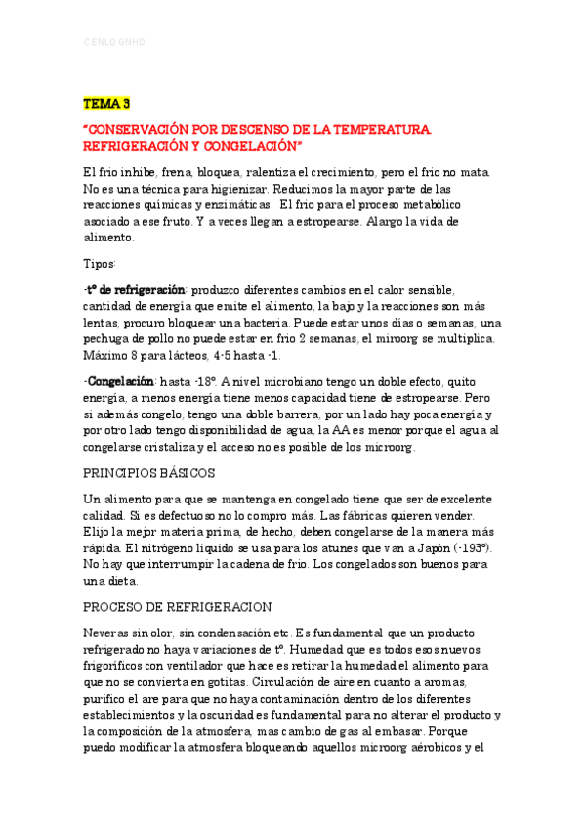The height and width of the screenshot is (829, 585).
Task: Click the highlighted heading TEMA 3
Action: [x=106, y=103]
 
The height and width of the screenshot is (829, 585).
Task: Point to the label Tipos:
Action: [x=100, y=264]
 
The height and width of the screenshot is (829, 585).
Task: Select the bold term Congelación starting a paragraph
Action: [x=121, y=381]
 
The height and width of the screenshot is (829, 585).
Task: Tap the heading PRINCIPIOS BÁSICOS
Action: [x=149, y=472]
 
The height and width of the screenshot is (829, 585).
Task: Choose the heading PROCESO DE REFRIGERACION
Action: [x=178, y=606]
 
